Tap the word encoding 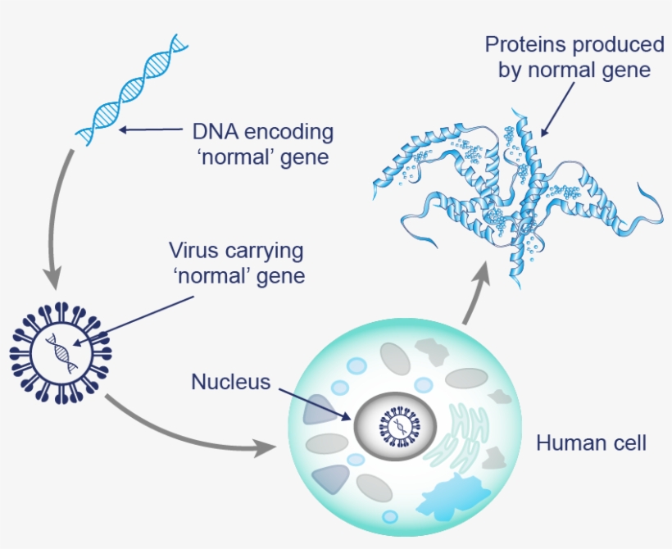(x=290, y=132)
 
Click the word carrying (x=261, y=251)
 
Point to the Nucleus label (x=230, y=382)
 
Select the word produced (x=622, y=44)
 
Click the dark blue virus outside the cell (x=61, y=353)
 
